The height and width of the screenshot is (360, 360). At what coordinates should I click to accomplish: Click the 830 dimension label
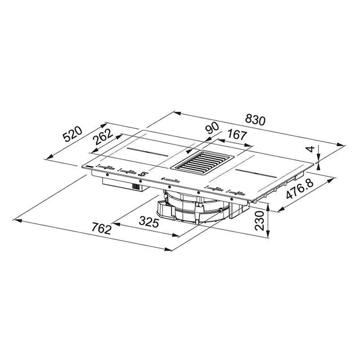(255, 120)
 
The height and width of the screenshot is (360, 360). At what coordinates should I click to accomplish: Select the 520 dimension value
(72, 134)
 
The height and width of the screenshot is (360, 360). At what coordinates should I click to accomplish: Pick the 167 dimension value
(237, 135)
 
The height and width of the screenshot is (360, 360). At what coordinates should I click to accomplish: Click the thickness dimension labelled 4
(310, 149)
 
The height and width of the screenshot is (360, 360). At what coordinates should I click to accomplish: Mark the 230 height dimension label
(260, 220)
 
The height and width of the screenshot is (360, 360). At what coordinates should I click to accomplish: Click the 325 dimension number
(149, 222)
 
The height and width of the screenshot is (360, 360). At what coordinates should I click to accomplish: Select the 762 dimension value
(101, 229)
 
